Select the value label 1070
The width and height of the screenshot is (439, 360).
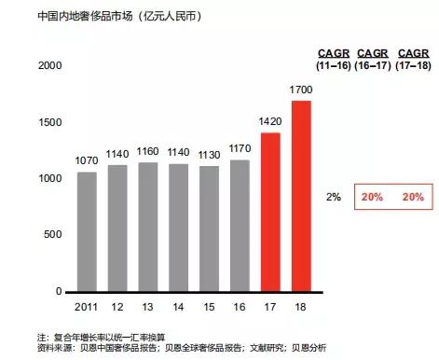(86, 161)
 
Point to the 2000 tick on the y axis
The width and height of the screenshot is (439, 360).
(49, 65)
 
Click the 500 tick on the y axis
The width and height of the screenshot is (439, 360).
(52, 235)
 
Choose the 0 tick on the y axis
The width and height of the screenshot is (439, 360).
(58, 292)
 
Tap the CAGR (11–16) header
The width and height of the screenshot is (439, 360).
(333, 58)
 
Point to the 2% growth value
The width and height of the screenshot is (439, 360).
(334, 198)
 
